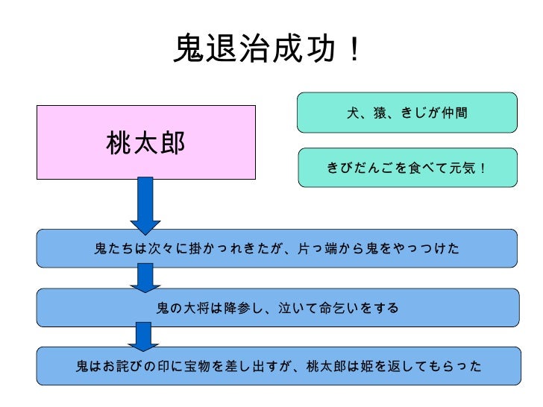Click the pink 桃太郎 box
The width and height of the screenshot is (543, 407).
point(146,142)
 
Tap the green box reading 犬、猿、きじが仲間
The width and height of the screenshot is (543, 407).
point(407,113)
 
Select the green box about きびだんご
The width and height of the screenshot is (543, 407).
point(407,168)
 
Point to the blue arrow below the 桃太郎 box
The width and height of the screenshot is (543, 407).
point(145,204)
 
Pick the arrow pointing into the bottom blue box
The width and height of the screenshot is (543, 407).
point(142,335)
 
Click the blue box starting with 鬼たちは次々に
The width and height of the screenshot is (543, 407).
point(277,248)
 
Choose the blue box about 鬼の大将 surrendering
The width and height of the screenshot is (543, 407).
point(277,307)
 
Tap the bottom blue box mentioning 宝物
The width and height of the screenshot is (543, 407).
point(277,366)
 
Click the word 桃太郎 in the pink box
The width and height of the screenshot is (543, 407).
point(146,142)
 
